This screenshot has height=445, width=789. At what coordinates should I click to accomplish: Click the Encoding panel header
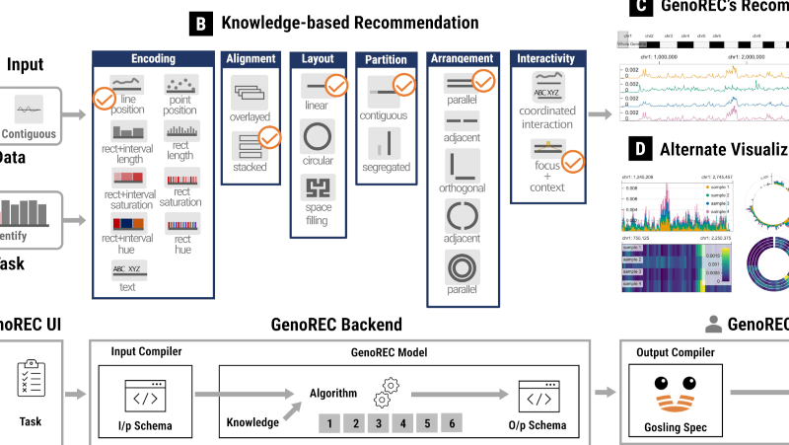click(153, 58)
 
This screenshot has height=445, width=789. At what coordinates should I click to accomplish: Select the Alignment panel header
click(251, 58)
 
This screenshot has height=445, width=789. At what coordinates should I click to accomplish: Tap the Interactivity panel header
click(545, 59)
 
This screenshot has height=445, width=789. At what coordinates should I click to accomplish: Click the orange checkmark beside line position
click(104, 99)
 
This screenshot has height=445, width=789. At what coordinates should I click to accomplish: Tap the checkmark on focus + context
click(572, 158)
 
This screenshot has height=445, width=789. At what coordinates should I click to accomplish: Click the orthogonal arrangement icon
click(462, 167)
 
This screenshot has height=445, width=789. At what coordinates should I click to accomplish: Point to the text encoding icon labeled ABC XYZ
click(126, 268)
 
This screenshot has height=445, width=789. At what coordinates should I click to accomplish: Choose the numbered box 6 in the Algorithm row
click(452, 424)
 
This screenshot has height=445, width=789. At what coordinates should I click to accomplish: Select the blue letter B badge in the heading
click(201, 22)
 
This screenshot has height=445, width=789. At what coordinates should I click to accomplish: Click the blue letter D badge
click(642, 150)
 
